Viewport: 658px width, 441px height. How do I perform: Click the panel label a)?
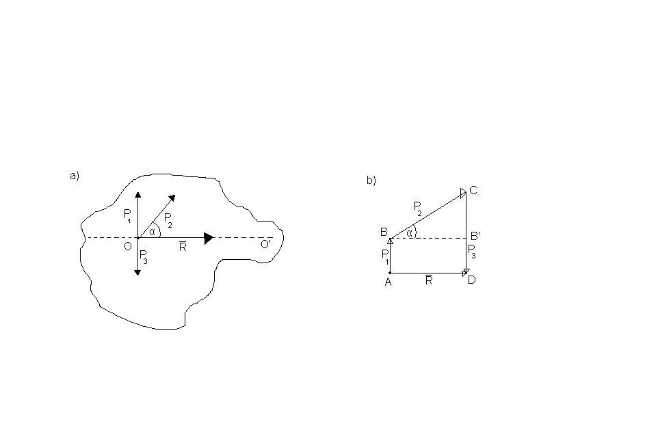pyautogui.click(x=75, y=176)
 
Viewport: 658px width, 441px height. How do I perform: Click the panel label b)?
pyautogui.click(x=371, y=181)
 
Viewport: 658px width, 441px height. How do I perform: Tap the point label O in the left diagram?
pyautogui.click(x=128, y=246)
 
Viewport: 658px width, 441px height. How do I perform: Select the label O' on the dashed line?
pyautogui.click(x=265, y=244)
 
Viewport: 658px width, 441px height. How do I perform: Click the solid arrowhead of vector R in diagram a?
pyautogui.click(x=209, y=238)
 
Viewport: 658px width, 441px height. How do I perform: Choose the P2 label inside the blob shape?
pyautogui.click(x=168, y=220)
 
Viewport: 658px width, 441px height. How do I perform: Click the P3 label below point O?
pyautogui.click(x=143, y=256)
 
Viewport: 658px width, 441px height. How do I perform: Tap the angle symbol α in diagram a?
pyautogui.click(x=153, y=232)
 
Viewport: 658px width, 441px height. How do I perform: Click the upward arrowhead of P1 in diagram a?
pyautogui.click(x=137, y=194)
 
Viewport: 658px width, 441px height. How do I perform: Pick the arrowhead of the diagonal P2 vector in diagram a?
pyautogui.click(x=172, y=198)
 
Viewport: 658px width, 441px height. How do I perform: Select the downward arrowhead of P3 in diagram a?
pyautogui.click(x=137, y=273)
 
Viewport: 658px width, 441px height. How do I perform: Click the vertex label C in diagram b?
pyautogui.click(x=473, y=191)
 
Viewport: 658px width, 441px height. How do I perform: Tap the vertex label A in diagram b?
pyautogui.click(x=389, y=282)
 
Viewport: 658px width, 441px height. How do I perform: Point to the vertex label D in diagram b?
pyautogui.click(x=472, y=280)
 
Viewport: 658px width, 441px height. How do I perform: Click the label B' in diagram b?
pyautogui.click(x=475, y=236)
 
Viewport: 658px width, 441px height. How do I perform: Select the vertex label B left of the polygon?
pyautogui.click(x=384, y=232)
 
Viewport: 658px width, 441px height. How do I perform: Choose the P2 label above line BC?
pyautogui.click(x=418, y=208)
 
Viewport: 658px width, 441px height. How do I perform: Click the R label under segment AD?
pyautogui.click(x=428, y=280)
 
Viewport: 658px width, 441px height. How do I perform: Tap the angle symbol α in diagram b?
pyautogui.click(x=409, y=233)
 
